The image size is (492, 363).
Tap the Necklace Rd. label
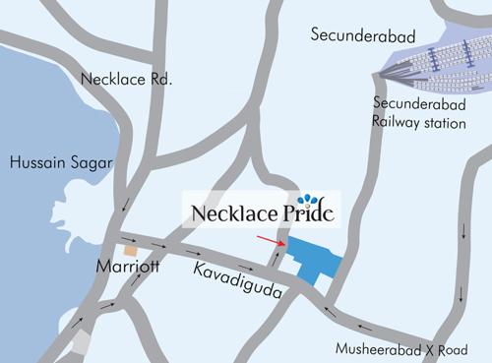pos(128,78)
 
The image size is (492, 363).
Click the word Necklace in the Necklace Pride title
pos(229,213)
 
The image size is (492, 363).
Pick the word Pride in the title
pos(305,213)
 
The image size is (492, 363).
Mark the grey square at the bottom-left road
pos(83,342)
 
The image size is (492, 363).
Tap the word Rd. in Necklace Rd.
pos(159,78)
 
